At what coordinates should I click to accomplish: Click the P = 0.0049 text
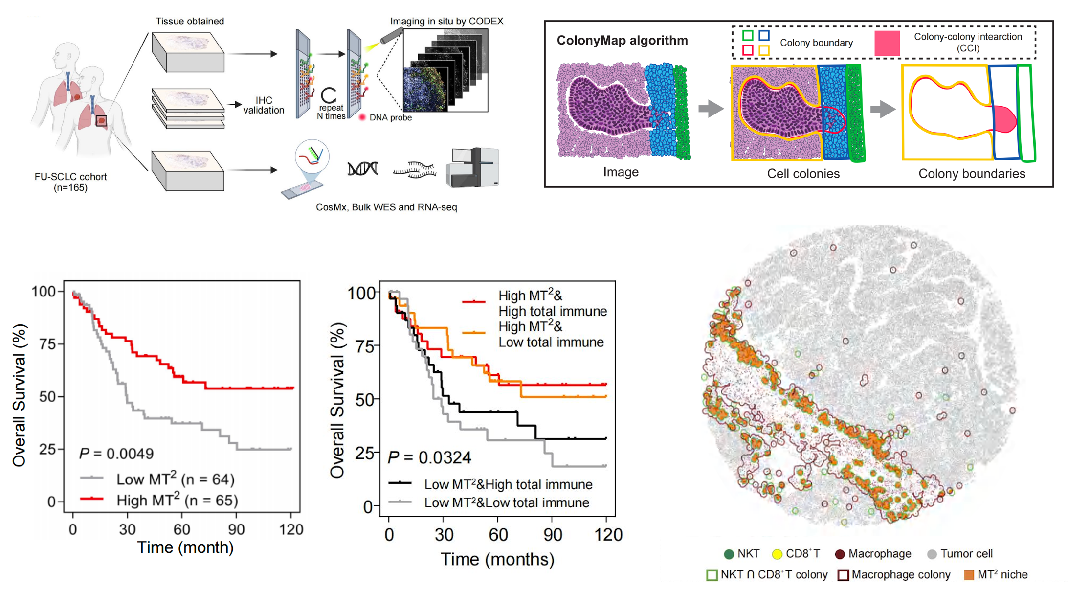tap(116, 454)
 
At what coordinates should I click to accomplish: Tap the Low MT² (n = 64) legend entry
tap(175, 479)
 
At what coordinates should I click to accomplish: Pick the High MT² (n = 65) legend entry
tap(177, 500)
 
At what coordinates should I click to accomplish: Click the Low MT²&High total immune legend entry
tap(508, 484)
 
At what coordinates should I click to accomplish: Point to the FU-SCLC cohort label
tap(70, 182)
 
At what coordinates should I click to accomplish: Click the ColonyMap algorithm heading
tap(622, 41)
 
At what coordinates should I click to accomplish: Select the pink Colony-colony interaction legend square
tap(887, 43)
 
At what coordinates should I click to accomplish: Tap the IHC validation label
tap(264, 105)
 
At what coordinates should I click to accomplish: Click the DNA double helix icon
tap(362, 169)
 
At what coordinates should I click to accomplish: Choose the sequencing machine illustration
tap(472, 168)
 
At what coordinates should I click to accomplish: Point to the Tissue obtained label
tap(190, 21)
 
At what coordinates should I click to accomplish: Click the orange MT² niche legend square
tap(969, 575)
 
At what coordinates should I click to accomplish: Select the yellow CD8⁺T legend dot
tap(777, 554)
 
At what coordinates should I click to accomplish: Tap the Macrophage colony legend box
tap(843, 575)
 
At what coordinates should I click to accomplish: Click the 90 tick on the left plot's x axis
tap(236, 529)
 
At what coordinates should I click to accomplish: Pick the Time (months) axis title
tap(497, 559)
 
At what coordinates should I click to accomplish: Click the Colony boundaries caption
tap(972, 174)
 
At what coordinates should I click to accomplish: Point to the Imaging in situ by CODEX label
tap(446, 21)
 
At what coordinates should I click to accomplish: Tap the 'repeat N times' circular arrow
tap(329, 95)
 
